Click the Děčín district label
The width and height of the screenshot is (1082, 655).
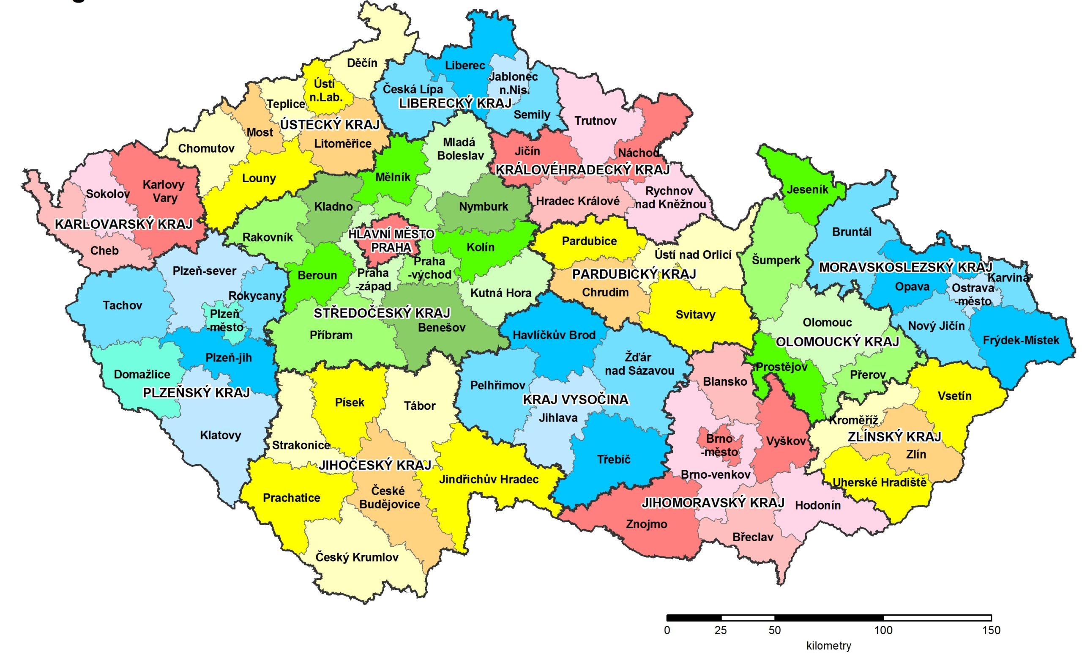tap(362, 63)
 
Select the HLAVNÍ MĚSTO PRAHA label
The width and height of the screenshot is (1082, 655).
tap(391, 241)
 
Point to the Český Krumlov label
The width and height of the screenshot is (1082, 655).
tap(357, 557)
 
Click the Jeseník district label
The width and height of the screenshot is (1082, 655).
tap(807, 189)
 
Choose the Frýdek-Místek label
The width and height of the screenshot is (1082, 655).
tap(1021, 340)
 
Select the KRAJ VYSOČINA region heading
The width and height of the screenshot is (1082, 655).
tap(575, 399)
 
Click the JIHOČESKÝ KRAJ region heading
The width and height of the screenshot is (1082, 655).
tap(374, 465)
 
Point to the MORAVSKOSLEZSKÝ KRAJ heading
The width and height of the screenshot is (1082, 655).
tap(905, 267)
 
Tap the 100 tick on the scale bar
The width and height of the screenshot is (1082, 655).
tap(883, 630)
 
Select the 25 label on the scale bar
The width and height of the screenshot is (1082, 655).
tap(721, 630)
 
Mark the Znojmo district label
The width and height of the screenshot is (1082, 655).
tap(646, 523)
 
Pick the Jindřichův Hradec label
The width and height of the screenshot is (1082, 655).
tap(488, 479)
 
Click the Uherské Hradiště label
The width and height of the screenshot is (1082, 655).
tap(879, 482)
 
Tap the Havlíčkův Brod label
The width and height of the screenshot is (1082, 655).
tap(554, 335)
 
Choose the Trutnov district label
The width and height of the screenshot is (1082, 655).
tap(595, 121)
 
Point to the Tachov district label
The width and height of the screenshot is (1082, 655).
tap(123, 305)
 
